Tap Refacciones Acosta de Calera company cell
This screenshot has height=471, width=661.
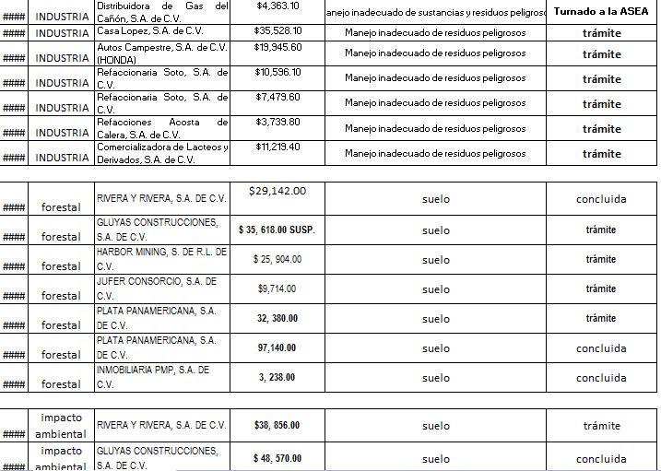tap(162, 127)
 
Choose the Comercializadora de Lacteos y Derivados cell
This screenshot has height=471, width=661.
tap(162, 153)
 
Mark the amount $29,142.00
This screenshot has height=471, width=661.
tap(277, 191)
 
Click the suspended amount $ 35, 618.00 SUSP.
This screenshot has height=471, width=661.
tap(277, 230)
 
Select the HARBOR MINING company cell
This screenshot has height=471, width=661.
tap(162, 258)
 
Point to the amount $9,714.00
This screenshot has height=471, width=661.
tap(277, 288)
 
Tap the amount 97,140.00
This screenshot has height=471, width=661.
tap(277, 347)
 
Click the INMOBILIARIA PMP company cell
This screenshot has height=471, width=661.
tap(162, 376)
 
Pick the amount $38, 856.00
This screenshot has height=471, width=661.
tap(277, 426)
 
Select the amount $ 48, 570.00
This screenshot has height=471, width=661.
tap(277, 458)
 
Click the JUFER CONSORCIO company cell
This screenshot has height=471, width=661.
tap(162, 288)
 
